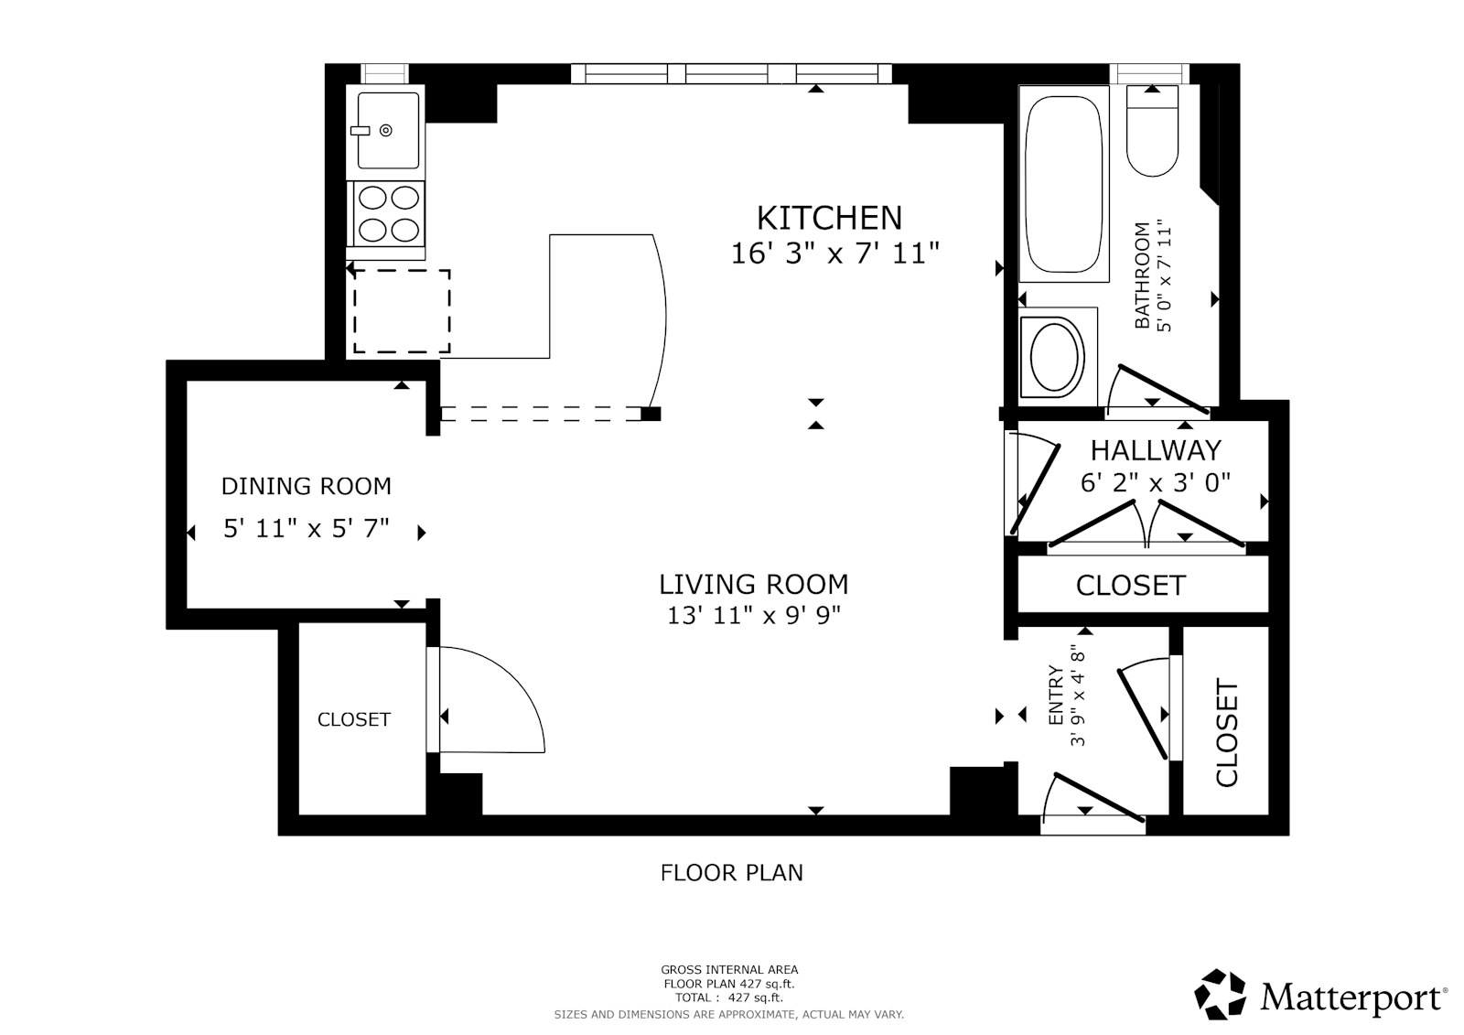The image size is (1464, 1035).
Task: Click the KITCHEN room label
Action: coord(829,218)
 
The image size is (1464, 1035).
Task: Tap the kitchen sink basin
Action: coord(388,130)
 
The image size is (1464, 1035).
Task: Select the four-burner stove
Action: coord(388,212)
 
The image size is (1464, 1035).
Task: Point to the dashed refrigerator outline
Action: coord(402,311)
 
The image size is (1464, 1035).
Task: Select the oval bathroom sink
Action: coord(1056,356)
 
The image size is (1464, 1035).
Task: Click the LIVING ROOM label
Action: coord(753,584)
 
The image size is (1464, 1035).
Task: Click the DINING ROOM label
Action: coord(306,486)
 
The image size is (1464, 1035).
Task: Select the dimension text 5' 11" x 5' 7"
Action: coord(306,528)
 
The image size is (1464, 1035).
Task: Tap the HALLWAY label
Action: coord(1156,450)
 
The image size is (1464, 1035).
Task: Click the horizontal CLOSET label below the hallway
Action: coord(1130,586)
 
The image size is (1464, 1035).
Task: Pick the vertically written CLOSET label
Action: coord(1226,732)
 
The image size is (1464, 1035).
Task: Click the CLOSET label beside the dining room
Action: coord(353,720)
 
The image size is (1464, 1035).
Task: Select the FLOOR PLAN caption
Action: coord(731,873)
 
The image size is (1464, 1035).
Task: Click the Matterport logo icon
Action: coord(1221,994)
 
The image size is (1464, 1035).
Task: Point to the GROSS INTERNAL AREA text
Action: coord(729,970)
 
